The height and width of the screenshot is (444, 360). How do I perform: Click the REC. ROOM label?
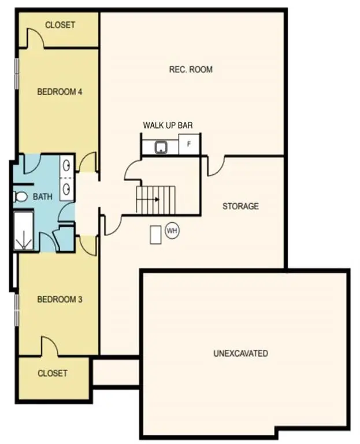coord(191,70)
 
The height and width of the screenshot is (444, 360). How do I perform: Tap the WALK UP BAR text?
coord(168,125)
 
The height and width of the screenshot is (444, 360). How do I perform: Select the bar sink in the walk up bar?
coord(161,147)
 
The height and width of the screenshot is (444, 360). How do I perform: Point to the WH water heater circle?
coord(172,231)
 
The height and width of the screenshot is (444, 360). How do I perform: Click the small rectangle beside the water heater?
coord(155,235)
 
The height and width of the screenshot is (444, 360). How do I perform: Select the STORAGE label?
coord(240,206)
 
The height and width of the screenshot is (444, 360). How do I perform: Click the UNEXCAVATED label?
coord(240,353)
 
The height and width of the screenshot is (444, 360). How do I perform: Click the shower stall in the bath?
coord(24,231)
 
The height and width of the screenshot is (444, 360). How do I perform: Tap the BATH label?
coord(43,197)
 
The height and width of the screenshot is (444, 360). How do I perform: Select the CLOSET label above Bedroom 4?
coord(60,25)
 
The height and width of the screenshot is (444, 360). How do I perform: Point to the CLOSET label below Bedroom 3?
coord(53,373)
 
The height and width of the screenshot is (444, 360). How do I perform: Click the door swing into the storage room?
coord(216,166)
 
